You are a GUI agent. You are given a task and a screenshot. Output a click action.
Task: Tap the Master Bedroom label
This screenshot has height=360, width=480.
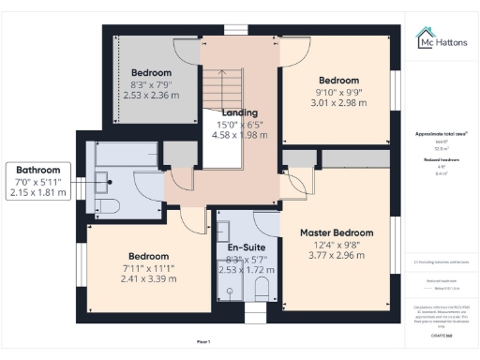click(336, 232)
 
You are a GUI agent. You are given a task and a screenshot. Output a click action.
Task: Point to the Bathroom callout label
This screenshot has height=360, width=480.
click(37, 170)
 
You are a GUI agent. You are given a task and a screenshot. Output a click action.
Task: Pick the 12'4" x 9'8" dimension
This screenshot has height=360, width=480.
click(336, 245)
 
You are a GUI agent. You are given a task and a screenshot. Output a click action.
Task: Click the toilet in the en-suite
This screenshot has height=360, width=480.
click(262, 286)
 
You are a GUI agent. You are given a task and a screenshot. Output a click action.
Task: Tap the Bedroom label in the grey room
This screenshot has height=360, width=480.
click(150, 72)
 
